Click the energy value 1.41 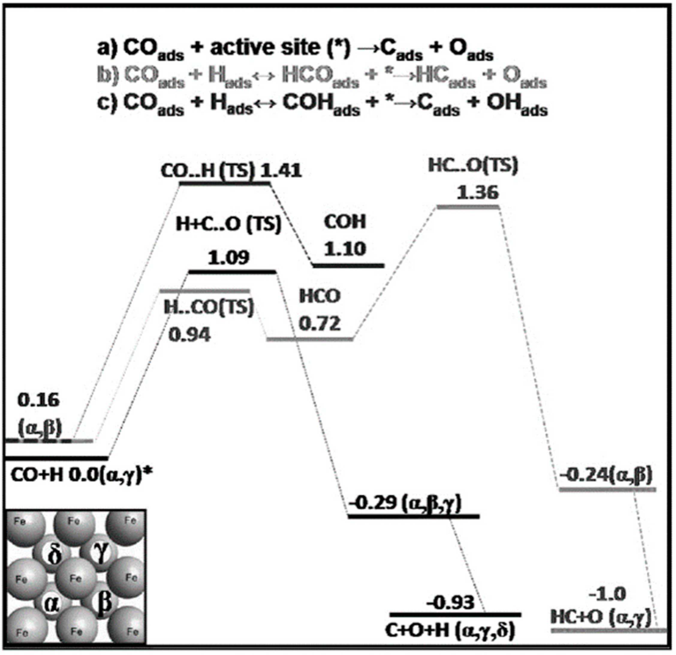pyautogui.click(x=281, y=171)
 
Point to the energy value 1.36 pyautogui.click(x=478, y=192)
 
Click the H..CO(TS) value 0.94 pyautogui.click(x=190, y=335)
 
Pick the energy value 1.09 pyautogui.click(x=228, y=257)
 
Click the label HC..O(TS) pyautogui.click(x=473, y=166)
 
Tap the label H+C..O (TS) pyautogui.click(x=229, y=224)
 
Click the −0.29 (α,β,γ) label pyautogui.click(x=405, y=504)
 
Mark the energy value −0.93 pyautogui.click(x=451, y=603)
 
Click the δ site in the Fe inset pyautogui.click(x=55, y=556)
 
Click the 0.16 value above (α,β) pyautogui.click(x=39, y=401)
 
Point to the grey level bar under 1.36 pyautogui.click(x=468, y=207)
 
